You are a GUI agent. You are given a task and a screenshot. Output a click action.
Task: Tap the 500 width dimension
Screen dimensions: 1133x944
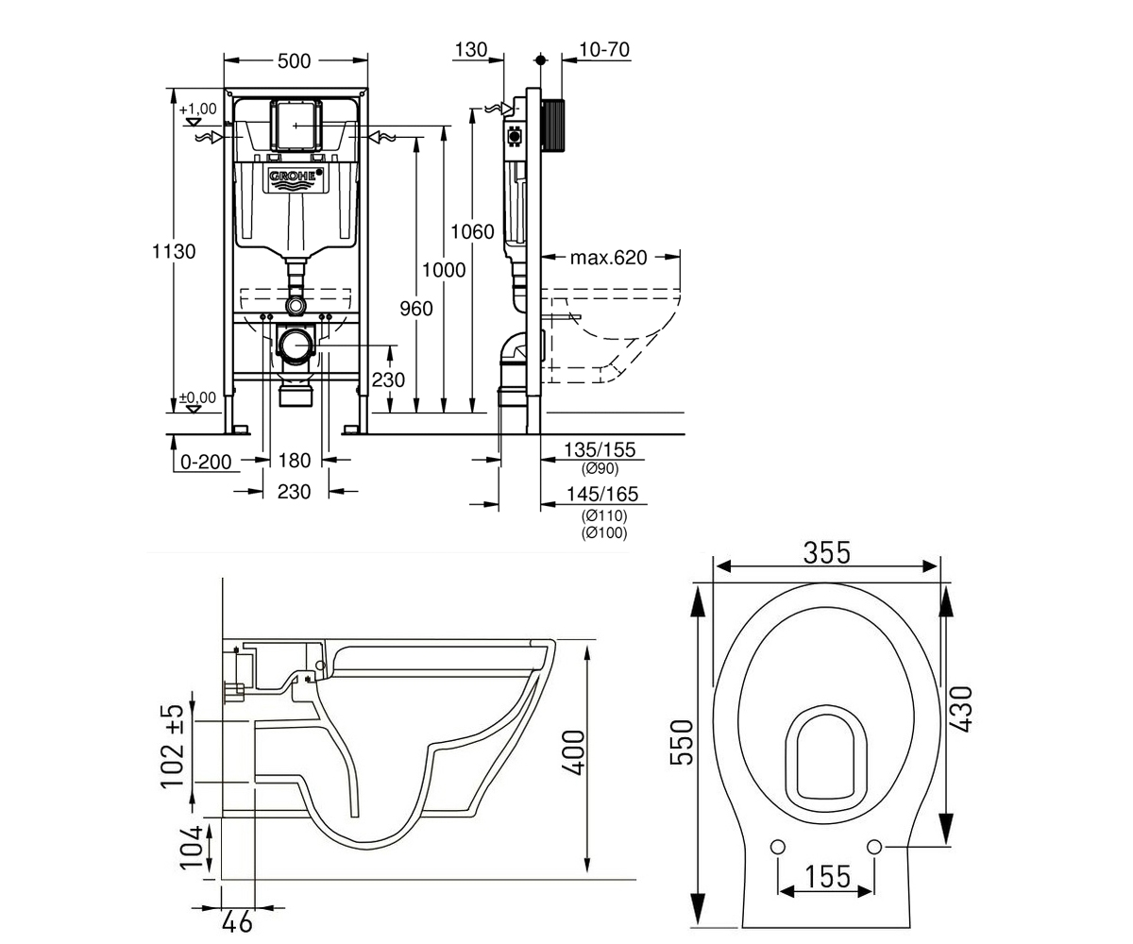294,61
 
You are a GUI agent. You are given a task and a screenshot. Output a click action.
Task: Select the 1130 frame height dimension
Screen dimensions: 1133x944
174,251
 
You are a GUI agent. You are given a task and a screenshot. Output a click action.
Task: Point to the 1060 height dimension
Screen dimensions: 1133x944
473,231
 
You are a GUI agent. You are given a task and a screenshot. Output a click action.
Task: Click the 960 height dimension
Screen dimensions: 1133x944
416,309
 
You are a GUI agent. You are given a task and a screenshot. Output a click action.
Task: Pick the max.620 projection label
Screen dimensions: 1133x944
608,257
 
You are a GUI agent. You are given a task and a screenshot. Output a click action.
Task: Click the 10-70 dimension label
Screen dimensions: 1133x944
604,49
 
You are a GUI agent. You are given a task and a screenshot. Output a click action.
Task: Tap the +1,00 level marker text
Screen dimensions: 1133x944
198,109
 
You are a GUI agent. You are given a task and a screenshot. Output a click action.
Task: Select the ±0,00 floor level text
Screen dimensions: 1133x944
197,397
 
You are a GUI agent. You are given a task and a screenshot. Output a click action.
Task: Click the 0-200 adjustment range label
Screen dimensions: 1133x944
206,462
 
